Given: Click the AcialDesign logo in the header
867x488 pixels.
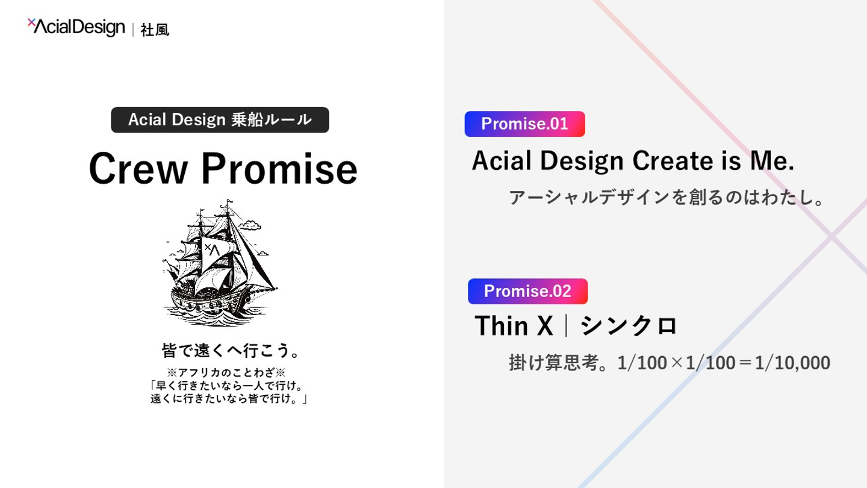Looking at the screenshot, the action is (76, 27).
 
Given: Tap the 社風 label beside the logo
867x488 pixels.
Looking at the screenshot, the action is (155, 30).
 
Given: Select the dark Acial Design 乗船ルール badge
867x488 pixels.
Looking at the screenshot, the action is (220, 120).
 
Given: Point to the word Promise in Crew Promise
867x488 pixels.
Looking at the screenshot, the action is (279, 169).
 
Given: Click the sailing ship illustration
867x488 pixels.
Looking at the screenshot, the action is (220, 263).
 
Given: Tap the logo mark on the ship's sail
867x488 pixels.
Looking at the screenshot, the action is (212, 249).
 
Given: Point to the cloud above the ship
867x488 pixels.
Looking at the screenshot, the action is (250, 225).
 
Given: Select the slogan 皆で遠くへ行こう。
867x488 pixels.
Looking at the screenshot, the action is (231, 351).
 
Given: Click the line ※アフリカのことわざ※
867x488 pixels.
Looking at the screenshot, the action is (226, 372).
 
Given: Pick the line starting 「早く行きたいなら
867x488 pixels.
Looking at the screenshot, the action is (227, 386).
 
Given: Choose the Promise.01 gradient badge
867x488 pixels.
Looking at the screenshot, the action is (525, 124).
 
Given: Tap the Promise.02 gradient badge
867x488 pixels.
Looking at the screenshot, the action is (527, 291).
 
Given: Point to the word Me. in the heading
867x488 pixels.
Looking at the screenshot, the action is (772, 161).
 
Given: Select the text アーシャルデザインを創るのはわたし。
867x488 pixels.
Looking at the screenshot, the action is (667, 197).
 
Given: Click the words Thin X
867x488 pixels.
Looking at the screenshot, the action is (514, 326).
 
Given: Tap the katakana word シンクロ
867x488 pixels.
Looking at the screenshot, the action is (628, 326).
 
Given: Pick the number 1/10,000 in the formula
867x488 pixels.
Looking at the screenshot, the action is (792, 363).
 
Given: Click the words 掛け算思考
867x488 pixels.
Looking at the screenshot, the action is (554, 363).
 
